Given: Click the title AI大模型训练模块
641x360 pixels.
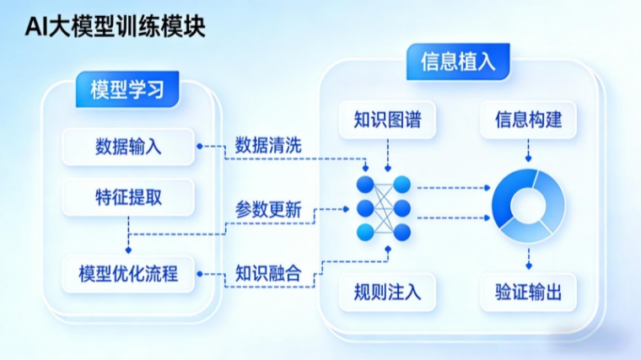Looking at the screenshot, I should click(x=114, y=27).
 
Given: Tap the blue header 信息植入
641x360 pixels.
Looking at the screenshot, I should click(x=458, y=62).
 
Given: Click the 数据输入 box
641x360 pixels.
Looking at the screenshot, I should click(x=128, y=146).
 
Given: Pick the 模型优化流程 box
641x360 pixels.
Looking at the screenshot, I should click(x=128, y=273).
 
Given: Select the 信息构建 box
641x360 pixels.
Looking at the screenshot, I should click(x=529, y=121).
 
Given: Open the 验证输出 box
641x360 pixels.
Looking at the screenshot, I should click(x=529, y=293).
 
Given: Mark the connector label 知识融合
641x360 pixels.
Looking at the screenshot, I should click(x=268, y=273).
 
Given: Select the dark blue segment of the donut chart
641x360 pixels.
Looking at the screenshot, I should click(x=506, y=202).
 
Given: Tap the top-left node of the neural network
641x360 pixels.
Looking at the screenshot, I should click(x=365, y=184).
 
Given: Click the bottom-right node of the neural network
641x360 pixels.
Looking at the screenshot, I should click(x=401, y=232).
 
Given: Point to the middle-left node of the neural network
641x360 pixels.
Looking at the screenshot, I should click(x=365, y=207).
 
